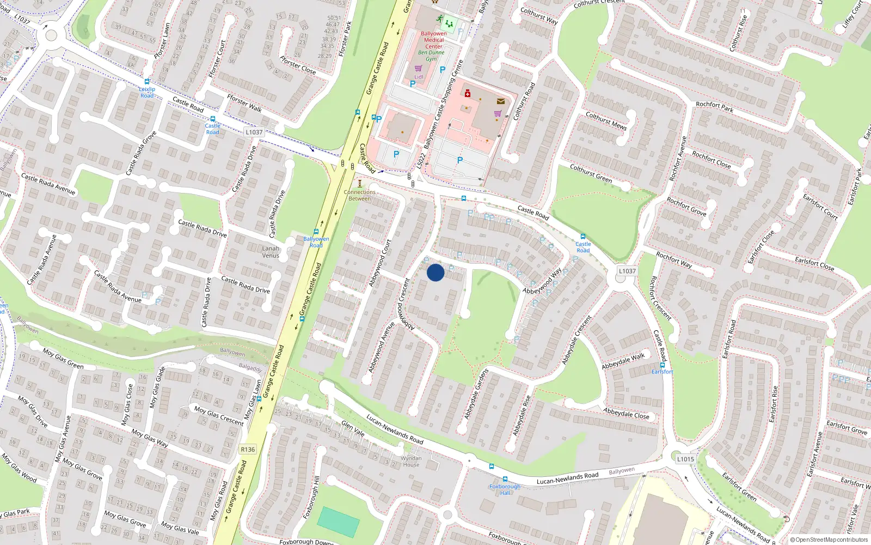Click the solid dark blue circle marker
tap(436, 272)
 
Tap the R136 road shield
tap(248, 450)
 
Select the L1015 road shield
tap(685, 459)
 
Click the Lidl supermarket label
tap(419, 77)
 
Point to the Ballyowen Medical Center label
tap(434, 40)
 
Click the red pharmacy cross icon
tap(467, 93)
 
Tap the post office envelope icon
tap(500, 101)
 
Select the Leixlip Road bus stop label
tap(147, 92)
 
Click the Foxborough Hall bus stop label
tap(505, 489)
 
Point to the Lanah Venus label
tap(271, 252)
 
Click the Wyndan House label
tap(411, 462)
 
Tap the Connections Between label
tap(359, 195)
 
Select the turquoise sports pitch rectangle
tap(338, 522)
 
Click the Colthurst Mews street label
tap(606, 121)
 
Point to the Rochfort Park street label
tap(714, 107)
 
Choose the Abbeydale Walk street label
tap(623, 361)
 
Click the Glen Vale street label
tap(353, 428)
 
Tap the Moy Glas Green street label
tap(63, 359)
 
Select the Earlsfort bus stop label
tap(663, 372)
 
